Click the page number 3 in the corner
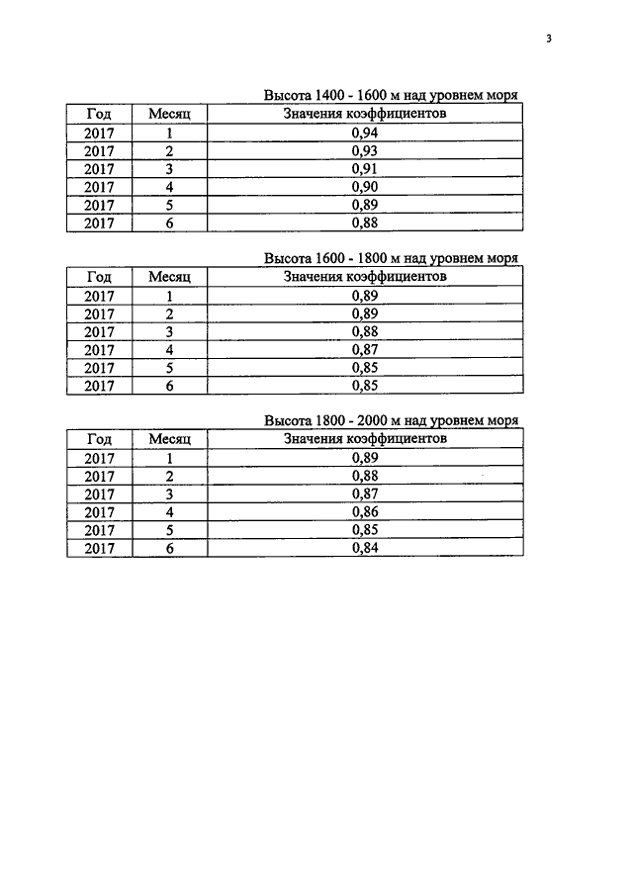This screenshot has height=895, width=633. click(x=549, y=40)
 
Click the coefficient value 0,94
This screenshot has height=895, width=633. click(x=365, y=133)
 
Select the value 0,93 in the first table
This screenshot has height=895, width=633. click(x=365, y=150)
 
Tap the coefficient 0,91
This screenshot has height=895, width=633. click(x=365, y=168)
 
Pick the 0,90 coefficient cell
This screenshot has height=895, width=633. click(x=365, y=187)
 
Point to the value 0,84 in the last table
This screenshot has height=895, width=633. click(x=365, y=547)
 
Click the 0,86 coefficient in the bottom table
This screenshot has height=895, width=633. click(x=365, y=511)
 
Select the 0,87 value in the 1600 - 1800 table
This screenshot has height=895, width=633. click(x=365, y=349)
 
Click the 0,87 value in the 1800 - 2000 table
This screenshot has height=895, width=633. click(x=365, y=493)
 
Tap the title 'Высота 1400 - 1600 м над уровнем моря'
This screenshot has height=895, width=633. click(x=391, y=96)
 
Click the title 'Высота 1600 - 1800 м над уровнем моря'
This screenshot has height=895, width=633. click(x=391, y=258)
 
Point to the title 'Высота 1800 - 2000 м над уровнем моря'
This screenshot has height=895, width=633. click(x=391, y=420)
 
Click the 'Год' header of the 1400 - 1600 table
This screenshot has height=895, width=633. click(x=99, y=115)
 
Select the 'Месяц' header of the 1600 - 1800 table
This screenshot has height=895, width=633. click(x=169, y=277)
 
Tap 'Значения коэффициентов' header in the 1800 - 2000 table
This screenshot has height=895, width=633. click(x=365, y=438)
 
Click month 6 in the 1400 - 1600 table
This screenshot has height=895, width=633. click(x=169, y=223)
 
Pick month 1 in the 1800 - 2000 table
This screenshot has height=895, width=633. click(x=169, y=458)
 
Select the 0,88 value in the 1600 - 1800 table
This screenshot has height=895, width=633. click(x=365, y=331)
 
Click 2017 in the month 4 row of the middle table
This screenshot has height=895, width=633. click(x=99, y=349)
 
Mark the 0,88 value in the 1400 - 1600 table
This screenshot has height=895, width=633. click(x=365, y=223)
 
